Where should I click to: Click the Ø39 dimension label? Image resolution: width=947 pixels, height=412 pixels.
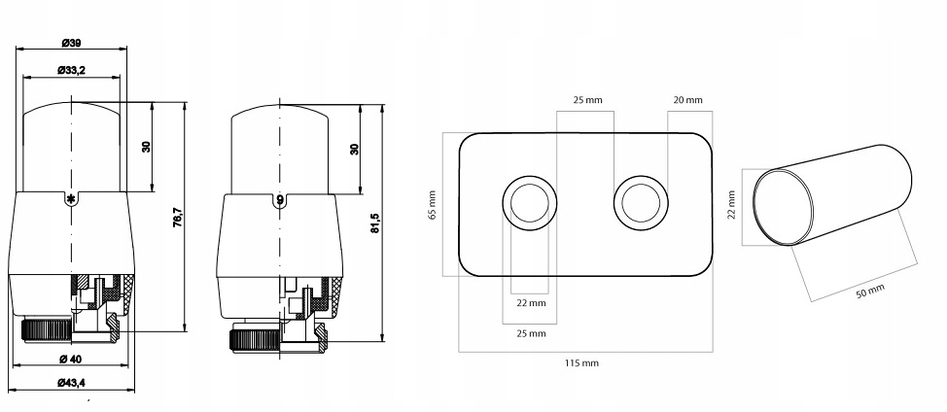(71, 43)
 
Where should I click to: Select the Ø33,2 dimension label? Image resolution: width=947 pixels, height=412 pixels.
(71, 71)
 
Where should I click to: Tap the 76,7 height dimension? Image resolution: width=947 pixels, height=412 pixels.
(178, 216)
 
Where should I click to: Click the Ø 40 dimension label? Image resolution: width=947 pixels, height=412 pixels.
(71, 359)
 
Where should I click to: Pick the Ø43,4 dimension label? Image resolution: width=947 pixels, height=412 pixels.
(71, 383)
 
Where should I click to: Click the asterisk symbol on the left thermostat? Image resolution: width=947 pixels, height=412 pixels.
(71, 199)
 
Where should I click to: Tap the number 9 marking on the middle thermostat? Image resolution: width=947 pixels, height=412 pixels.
(280, 200)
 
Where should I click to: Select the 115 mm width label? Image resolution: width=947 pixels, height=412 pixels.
(581, 363)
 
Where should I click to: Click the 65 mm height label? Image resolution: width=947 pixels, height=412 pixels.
(433, 205)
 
